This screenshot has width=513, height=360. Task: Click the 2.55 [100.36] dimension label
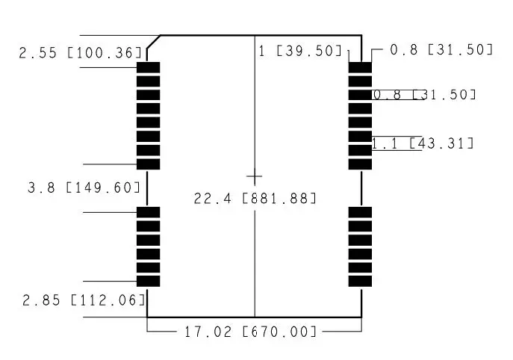tap(80, 53)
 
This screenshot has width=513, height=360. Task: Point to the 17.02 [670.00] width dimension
tap(250, 331)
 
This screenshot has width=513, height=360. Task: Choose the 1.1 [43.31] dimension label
tap(423, 143)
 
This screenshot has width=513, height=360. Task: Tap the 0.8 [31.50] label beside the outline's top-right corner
tap(441, 49)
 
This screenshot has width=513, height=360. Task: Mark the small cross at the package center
tap(255, 177)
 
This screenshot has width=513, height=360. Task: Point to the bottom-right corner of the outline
tap(361, 316)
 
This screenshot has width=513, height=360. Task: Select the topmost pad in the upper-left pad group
tap(149, 68)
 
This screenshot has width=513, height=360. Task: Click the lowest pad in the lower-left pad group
tap(149, 282)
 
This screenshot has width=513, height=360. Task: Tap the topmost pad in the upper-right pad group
tap(360, 68)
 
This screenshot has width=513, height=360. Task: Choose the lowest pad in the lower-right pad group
tap(360, 282)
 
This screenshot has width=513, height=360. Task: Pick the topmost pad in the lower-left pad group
tap(149, 213)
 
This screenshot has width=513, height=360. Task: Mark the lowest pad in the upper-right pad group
tap(360, 164)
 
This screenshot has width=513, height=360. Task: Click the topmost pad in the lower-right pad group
tap(360, 213)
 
